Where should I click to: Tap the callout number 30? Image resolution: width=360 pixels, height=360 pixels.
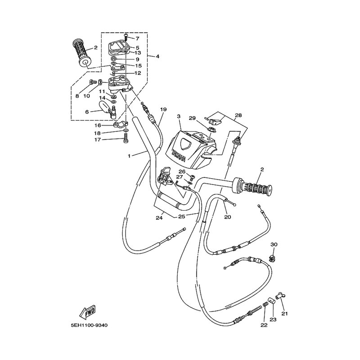pyautogui.click(x=274, y=244)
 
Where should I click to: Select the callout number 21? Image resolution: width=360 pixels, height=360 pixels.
pyautogui.click(x=284, y=313)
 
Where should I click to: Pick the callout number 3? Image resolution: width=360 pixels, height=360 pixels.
pyautogui.click(x=179, y=116)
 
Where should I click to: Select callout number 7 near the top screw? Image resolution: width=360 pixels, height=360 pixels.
pyautogui.click(x=137, y=39)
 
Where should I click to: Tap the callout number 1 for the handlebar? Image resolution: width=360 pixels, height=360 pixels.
pyautogui.click(x=129, y=156)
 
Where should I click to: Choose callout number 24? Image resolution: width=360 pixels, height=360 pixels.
pyautogui.click(x=158, y=218)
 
